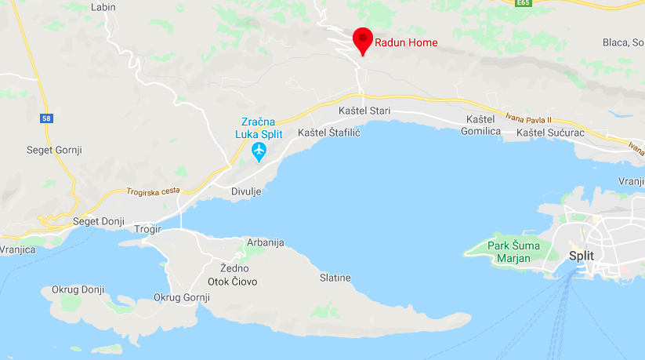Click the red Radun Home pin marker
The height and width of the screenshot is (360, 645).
pos(362,39)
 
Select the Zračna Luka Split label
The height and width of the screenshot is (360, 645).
pos(259,128)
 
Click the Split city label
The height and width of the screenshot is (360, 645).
pos(582,256)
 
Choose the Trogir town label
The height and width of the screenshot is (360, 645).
pos(147,229)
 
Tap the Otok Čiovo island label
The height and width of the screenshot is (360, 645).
pos(232,281)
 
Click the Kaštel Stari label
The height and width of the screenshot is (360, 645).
pos(364,111)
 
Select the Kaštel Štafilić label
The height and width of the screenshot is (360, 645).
pos(328,133)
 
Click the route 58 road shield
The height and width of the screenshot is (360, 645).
pos(49,118)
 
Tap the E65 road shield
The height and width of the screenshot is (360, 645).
pos(524,2)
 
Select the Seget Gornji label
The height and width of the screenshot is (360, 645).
pos(55,150)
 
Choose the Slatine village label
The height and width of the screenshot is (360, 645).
pos(335,278)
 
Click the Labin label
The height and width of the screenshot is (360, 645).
pos(103,7)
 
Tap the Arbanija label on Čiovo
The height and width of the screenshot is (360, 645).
pos(265,242)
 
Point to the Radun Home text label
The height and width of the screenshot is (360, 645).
pos(406,42)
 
